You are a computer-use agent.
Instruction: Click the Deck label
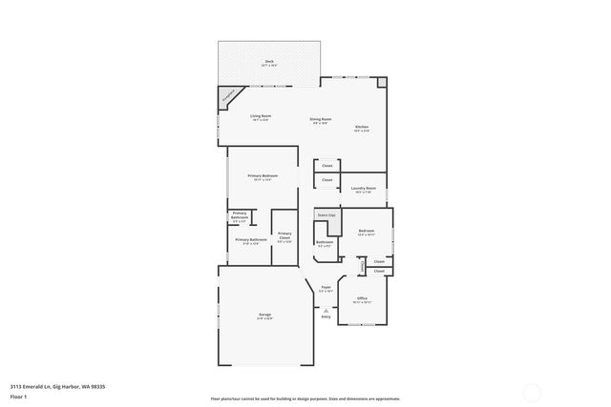pos(269,62)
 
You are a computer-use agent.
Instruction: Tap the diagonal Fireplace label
pos(228,95)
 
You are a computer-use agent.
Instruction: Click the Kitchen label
pos(362,128)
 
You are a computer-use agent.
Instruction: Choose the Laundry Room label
pos(364,189)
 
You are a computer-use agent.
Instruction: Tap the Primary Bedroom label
pos(263,176)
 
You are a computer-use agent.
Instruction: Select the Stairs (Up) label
pos(327,215)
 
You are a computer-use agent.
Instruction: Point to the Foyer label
pos(326,287)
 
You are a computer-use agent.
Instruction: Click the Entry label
pos(326,316)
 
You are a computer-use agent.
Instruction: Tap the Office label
pos(362,299)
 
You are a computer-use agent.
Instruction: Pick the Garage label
pos(264,316)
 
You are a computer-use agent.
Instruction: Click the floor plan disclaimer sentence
pos(305,398)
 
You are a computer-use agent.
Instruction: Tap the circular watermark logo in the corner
pos(533,390)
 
